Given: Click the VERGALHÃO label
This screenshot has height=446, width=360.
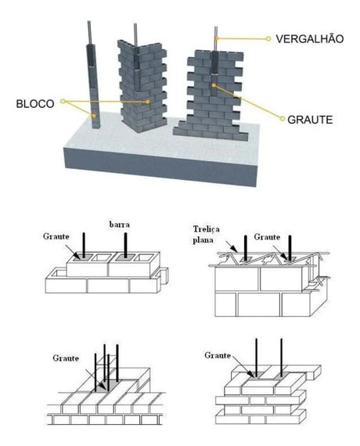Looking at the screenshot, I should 311,37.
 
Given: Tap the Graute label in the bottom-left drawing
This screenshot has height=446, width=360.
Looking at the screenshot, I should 67,358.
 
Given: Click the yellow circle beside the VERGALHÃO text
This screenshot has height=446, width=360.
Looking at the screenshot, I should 268,38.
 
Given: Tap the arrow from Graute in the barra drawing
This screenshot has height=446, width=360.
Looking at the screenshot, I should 75,250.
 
